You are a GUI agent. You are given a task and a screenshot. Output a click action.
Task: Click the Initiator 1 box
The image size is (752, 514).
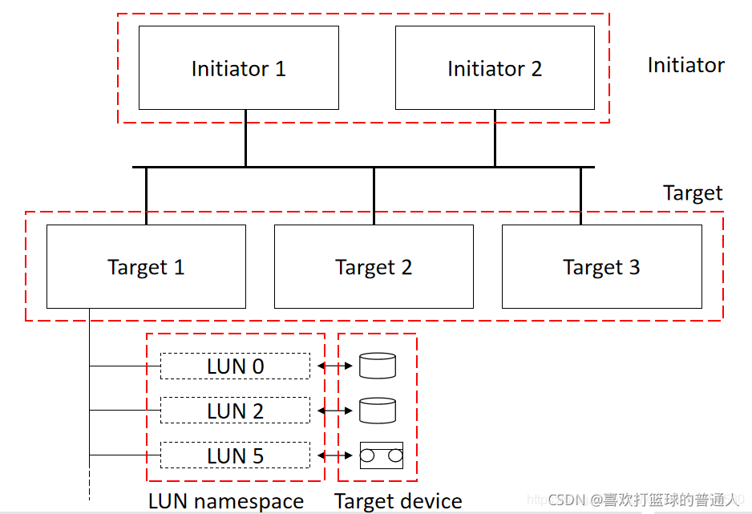pyautogui.click(x=238, y=68)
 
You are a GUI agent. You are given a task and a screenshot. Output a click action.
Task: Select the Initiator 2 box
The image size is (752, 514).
pyautogui.click(x=495, y=68)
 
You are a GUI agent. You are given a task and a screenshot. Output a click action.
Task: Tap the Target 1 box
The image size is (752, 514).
pyautogui.click(x=146, y=266)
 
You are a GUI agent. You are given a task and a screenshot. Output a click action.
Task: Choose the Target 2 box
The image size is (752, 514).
pyautogui.click(x=374, y=266)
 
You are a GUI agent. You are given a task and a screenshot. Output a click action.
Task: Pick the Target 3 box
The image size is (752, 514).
pyautogui.click(x=601, y=266)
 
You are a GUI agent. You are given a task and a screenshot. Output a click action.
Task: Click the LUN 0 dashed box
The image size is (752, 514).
pyautogui.click(x=235, y=366)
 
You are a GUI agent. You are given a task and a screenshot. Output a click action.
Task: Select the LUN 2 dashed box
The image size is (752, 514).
pyautogui.click(x=235, y=411)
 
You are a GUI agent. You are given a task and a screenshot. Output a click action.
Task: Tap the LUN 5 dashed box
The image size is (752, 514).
pyautogui.click(x=235, y=455)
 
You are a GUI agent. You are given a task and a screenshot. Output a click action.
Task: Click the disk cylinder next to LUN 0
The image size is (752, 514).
pyautogui.click(x=378, y=366)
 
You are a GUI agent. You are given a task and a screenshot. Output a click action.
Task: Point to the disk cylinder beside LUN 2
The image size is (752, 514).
pyautogui.click(x=378, y=411)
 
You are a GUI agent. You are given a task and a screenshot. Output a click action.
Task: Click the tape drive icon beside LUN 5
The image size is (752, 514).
pyautogui.click(x=381, y=455)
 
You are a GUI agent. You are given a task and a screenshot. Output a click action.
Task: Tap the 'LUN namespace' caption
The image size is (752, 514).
pyautogui.click(x=226, y=501)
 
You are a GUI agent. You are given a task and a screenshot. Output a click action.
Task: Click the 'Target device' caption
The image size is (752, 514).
pyautogui.click(x=398, y=501)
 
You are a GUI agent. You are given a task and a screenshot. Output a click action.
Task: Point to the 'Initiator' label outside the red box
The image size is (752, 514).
pyautogui.click(x=685, y=66)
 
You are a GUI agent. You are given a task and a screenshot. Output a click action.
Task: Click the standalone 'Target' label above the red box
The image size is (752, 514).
pyautogui.click(x=693, y=193)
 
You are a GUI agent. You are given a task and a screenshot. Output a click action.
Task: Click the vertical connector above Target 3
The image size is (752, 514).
pyautogui.click(x=581, y=196)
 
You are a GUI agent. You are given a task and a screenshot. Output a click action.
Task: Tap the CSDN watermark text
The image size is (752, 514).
pyautogui.click(x=641, y=500)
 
